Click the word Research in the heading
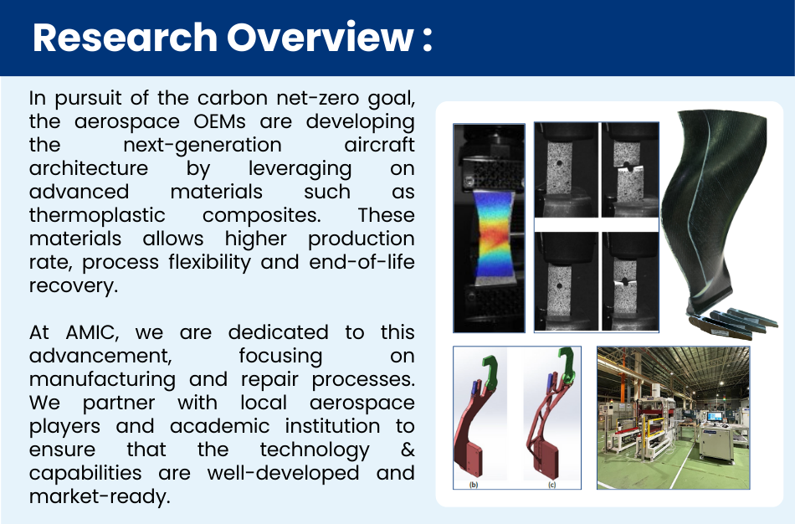pos(126,37)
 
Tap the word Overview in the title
pos(320,37)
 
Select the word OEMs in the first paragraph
pos(219,121)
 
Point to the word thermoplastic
pos(97,216)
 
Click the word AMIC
pos(92,333)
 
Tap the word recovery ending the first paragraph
pos(73,286)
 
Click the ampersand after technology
pos(408,450)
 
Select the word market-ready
pos(100,496)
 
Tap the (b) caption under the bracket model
pos(474,485)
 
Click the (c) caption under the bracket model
pos(552,485)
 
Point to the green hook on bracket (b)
pos(490,371)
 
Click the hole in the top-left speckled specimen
pos(558,164)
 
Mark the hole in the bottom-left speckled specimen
pos(559,286)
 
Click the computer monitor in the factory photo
pos(715,417)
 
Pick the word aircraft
pos(379,145)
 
